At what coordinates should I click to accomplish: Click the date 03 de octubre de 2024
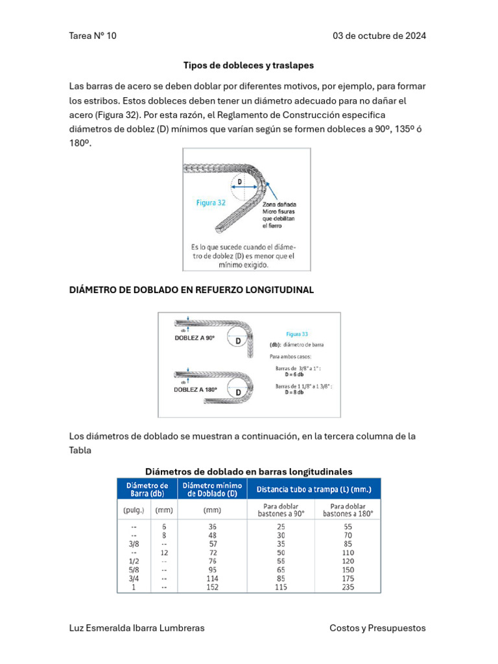[379, 36]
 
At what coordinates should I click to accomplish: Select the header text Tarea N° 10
[93, 36]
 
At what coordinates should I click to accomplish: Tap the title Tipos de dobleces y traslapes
[248, 65]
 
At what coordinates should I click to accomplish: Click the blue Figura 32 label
[211, 202]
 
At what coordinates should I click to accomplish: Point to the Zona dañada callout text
[279, 204]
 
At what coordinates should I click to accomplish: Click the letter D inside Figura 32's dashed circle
[240, 182]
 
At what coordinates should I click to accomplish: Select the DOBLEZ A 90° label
[195, 338]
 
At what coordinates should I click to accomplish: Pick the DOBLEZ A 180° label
[195, 390]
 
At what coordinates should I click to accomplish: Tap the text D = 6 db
[294, 374]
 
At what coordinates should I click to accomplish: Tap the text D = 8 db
[294, 392]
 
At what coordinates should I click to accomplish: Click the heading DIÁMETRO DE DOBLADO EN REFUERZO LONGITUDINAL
[191, 290]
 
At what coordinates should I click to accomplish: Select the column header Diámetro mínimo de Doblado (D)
[213, 490]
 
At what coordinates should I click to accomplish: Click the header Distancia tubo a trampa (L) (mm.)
[314, 489]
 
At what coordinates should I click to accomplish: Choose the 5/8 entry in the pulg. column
[134, 569]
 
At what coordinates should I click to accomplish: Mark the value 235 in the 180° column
[349, 587]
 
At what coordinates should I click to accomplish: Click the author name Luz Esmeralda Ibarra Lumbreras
[136, 628]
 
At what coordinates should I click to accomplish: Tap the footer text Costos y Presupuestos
[377, 628]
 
